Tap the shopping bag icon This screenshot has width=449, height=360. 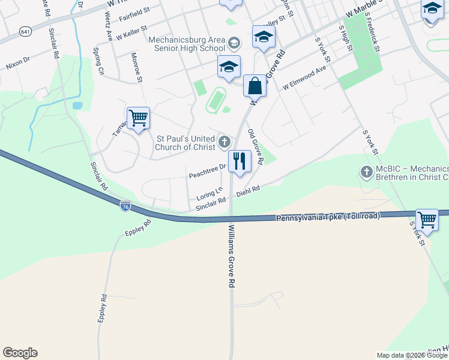point(255,86)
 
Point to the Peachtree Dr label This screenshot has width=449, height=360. point(206,175)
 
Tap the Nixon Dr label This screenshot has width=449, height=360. point(18,62)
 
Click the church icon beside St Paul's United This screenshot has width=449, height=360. point(224,142)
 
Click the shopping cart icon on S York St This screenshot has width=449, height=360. point(427,219)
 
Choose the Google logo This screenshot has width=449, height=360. point(20,353)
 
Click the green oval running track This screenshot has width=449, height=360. point(215,100)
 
